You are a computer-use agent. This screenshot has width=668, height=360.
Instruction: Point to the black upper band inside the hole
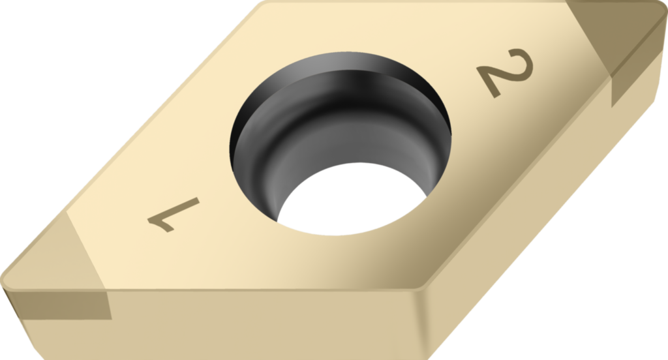[x=339, y=72]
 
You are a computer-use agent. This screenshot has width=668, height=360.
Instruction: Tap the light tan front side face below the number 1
[x=261, y=323]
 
